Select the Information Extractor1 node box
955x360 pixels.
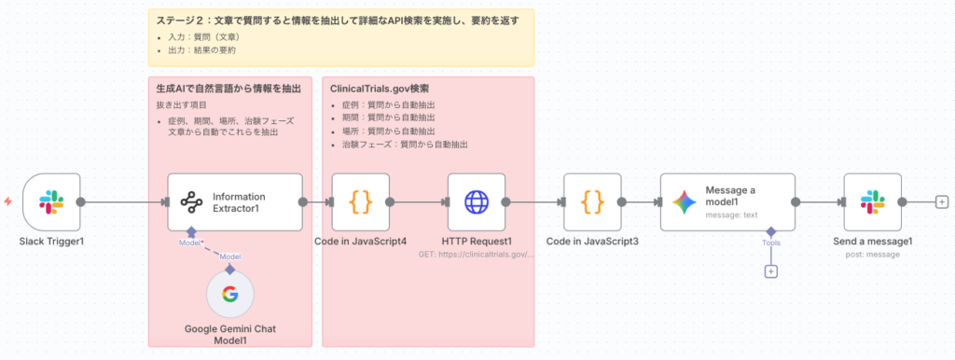[x=235, y=201]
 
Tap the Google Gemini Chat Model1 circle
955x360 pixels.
[x=229, y=296]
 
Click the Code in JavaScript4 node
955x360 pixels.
[x=360, y=201]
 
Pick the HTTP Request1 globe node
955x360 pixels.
[x=477, y=201]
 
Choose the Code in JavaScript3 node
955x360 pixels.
[x=592, y=201]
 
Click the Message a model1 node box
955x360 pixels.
[x=727, y=201]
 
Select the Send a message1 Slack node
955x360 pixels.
[x=873, y=201]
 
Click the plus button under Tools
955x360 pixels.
[x=771, y=271]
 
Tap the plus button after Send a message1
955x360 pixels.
[x=942, y=201]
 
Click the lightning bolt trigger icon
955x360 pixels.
[x=7, y=201]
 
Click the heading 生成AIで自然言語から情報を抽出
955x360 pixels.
[x=228, y=89]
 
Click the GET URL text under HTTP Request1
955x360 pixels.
[x=477, y=254]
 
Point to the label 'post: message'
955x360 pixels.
[x=873, y=255]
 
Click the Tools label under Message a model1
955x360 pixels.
[x=771, y=242]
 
